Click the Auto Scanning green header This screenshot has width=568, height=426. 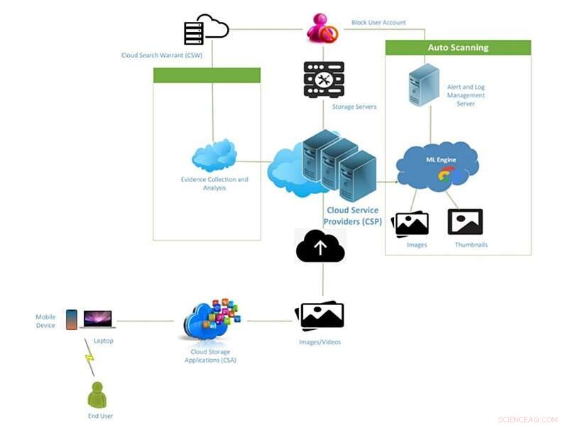click(x=458, y=48)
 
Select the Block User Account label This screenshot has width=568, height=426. click(x=378, y=23)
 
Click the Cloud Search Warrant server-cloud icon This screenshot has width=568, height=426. click(x=205, y=31)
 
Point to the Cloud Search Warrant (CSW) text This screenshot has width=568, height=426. click(x=160, y=55)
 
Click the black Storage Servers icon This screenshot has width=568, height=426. click(x=324, y=80)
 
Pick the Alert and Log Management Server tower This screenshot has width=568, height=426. click(x=424, y=85)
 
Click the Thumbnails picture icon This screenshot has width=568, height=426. click(x=465, y=222)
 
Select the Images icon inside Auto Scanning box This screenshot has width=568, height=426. click(x=411, y=223)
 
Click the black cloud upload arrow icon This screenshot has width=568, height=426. click(x=320, y=247)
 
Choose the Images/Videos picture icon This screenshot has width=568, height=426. click(x=320, y=316)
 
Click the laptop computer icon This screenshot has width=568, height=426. click(x=98, y=319)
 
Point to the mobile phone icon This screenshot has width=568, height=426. click(x=71, y=319)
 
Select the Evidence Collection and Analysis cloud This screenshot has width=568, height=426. click(x=214, y=156)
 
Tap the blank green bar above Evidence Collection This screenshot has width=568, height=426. click(x=207, y=75)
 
